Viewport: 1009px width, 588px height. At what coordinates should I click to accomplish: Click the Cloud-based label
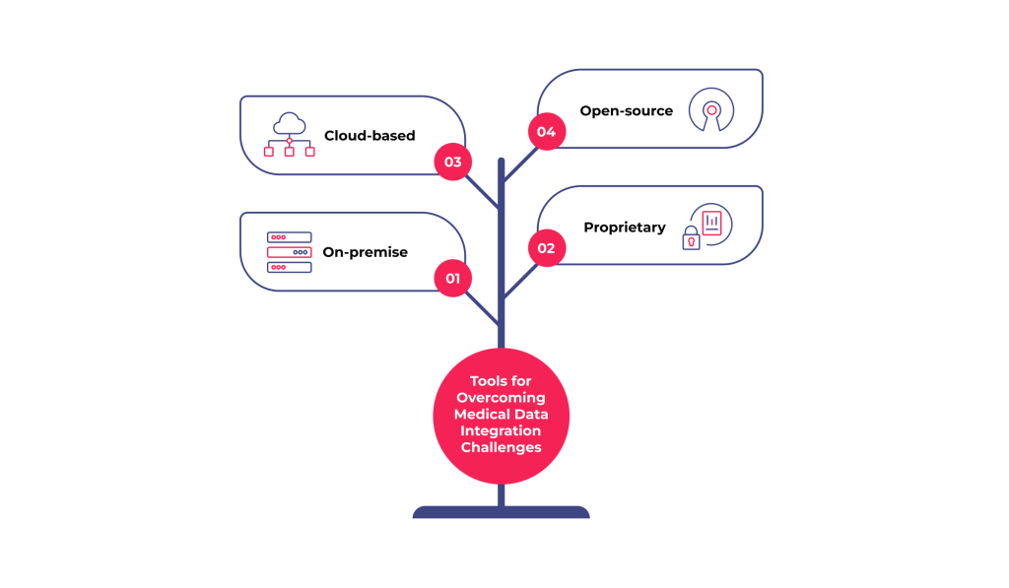(370, 136)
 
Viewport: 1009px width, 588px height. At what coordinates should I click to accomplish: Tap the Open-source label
(626, 110)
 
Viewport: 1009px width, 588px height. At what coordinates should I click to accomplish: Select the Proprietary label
(624, 228)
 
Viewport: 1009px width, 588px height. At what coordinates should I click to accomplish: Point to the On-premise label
(365, 252)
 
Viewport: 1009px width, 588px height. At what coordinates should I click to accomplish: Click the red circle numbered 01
(452, 278)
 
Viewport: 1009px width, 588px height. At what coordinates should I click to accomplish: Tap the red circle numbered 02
(546, 248)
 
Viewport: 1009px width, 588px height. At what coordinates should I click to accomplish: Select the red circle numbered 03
(452, 162)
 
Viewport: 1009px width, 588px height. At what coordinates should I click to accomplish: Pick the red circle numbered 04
(546, 132)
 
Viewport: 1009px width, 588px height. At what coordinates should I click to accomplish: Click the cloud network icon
(290, 134)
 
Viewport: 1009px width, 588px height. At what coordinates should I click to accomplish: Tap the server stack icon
(289, 252)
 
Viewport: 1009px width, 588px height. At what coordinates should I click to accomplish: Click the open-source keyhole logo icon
(710, 110)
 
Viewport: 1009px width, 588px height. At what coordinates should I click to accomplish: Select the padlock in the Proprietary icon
(692, 239)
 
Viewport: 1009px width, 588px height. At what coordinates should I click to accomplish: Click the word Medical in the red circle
(478, 415)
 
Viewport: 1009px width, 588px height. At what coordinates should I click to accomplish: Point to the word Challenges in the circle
(501, 447)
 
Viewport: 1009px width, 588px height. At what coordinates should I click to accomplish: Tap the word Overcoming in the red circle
(501, 398)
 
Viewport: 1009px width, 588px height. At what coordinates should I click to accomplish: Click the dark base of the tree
(501, 512)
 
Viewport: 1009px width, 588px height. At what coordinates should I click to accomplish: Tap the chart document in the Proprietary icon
(711, 223)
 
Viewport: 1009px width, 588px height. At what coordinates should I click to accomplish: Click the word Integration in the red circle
(501, 430)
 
